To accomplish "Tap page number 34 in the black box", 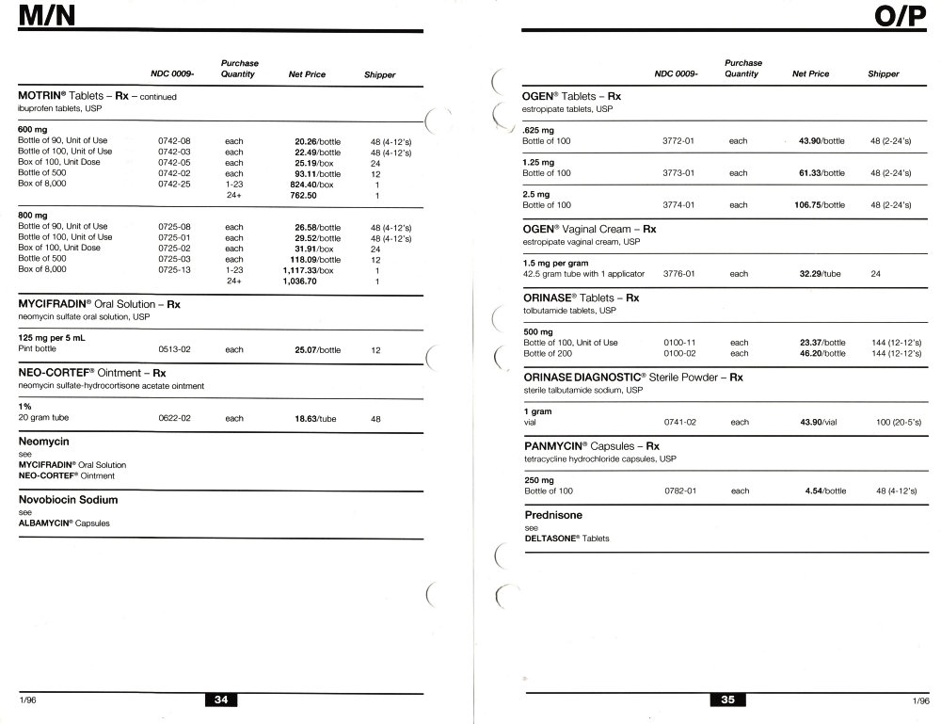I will click(x=220, y=700).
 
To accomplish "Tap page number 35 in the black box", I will click(x=727, y=700).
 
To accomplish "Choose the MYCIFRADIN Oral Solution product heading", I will click(x=99, y=305).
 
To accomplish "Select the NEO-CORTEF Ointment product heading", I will click(x=92, y=373).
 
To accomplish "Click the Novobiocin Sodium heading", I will click(x=68, y=500).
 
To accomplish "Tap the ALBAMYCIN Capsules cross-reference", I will click(x=64, y=523).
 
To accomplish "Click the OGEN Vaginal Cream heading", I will click(x=589, y=229).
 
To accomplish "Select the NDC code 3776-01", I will click(x=678, y=274).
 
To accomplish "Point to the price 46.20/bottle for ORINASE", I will click(x=822, y=353).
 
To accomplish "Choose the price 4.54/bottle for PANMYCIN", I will click(x=825, y=491).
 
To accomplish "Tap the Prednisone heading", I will click(x=553, y=516).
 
